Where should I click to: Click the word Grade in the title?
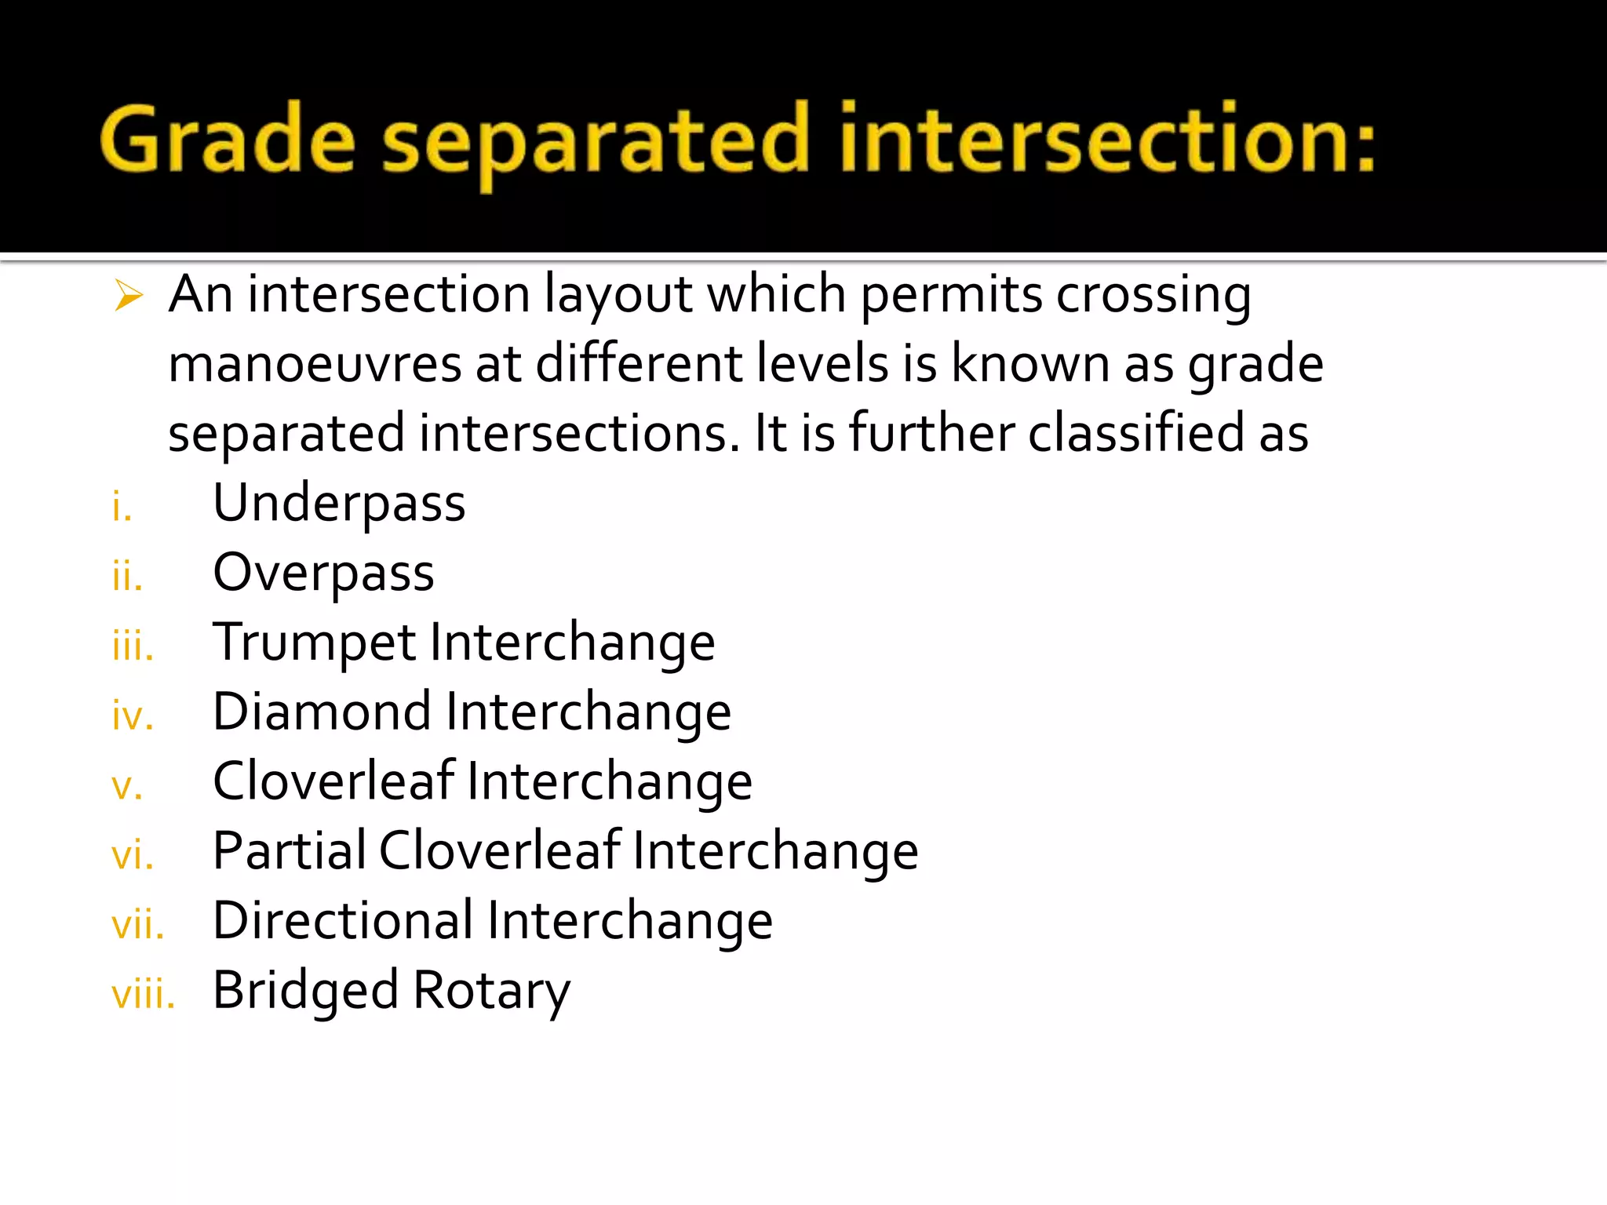pyautogui.click(x=228, y=140)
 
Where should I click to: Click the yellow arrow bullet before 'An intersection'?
pyautogui.click(x=129, y=296)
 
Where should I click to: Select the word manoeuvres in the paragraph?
pyautogui.click(x=315, y=365)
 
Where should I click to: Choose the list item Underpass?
pyautogui.click(x=339, y=504)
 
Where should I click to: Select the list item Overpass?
pyautogui.click(x=323, y=573)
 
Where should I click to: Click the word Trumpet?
pyautogui.click(x=314, y=643)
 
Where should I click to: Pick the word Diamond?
pyautogui.click(x=322, y=712)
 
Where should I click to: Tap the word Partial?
pyautogui.click(x=289, y=851)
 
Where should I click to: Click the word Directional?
pyautogui.click(x=343, y=921)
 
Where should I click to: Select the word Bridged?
pyautogui.click(x=306, y=991)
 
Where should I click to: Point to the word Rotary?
pyautogui.click(x=491, y=991)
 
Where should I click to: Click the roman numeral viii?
pyautogui.click(x=143, y=995)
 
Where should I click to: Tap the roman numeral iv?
pyautogui.click(x=133, y=716)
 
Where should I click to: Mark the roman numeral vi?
pyautogui.click(x=133, y=855)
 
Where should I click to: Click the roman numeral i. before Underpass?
pyautogui.click(x=122, y=507)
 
